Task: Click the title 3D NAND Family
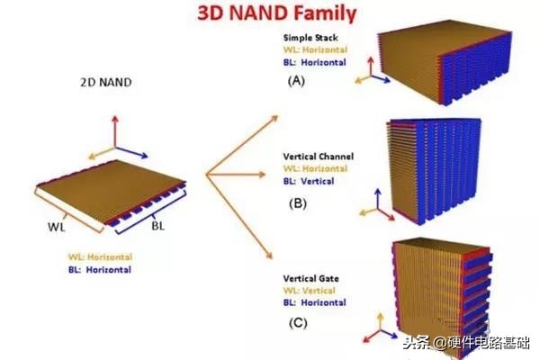click(277, 13)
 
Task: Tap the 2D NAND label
click(106, 82)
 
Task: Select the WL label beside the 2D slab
click(57, 227)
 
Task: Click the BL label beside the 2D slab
click(158, 226)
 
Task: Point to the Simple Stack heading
click(310, 38)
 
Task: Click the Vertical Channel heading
click(319, 157)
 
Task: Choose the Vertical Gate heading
click(311, 278)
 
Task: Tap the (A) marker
click(296, 81)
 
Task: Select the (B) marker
click(298, 203)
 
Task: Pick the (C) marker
click(298, 323)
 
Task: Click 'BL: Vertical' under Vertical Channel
click(309, 181)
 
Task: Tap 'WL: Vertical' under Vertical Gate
click(309, 291)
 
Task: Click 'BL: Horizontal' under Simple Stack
click(315, 62)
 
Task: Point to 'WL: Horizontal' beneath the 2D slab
click(100, 257)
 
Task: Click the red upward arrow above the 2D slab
click(115, 132)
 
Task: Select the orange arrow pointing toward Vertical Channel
click(236, 175)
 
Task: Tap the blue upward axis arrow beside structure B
click(378, 199)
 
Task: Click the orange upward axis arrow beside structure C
click(380, 321)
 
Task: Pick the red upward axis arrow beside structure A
click(371, 66)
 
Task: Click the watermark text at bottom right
click(466, 343)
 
